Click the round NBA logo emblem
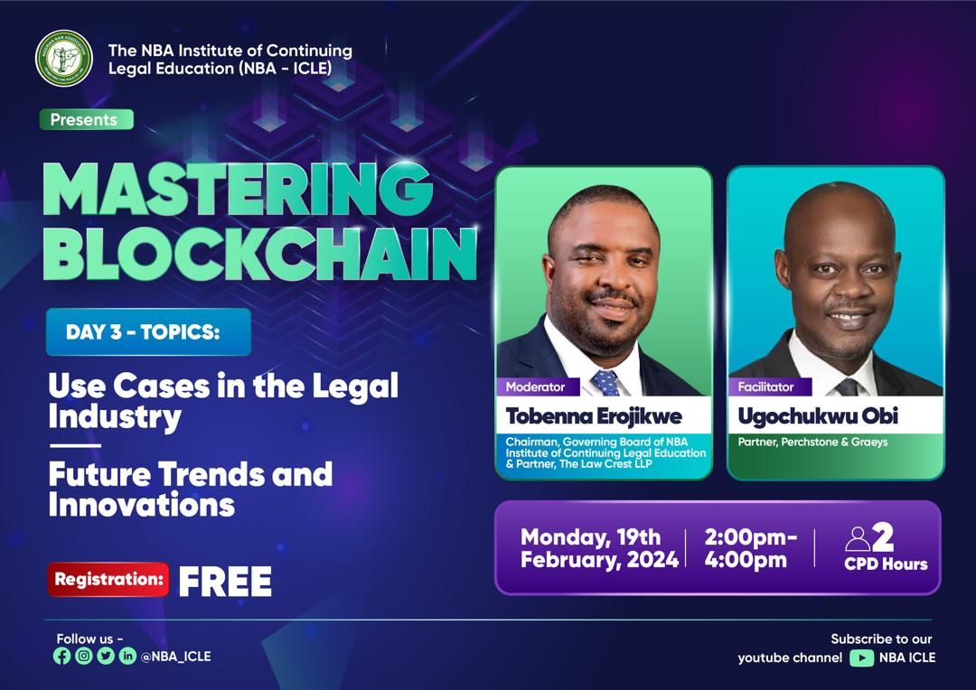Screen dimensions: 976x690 pyautogui.click(x=64, y=59)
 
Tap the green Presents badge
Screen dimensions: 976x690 pyautogui.click(x=87, y=119)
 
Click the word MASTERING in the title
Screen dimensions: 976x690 pyautogui.click(x=238, y=190)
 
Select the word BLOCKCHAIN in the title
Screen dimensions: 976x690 pyautogui.click(x=260, y=254)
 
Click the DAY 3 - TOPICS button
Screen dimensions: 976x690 pyautogui.click(x=149, y=331)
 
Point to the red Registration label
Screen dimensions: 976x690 pyautogui.click(x=108, y=579)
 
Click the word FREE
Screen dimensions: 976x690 pyautogui.click(x=225, y=582)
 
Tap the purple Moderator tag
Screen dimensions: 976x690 pyautogui.click(x=535, y=387)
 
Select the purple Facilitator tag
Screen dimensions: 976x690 pyautogui.click(x=765, y=387)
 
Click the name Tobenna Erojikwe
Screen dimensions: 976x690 pyautogui.click(x=594, y=416)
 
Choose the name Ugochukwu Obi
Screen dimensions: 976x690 pyautogui.click(x=818, y=416)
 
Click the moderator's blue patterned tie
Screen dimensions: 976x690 pyautogui.click(x=606, y=382)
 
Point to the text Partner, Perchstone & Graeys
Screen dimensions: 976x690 pyautogui.click(x=813, y=442)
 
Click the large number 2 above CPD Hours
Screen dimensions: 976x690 pyautogui.click(x=883, y=537)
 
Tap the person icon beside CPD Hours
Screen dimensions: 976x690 pyautogui.click(x=857, y=539)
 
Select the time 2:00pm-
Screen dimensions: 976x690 pyautogui.click(x=751, y=537)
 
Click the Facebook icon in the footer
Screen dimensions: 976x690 pyautogui.click(x=61, y=656)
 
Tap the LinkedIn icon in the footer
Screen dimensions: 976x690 pyautogui.click(x=127, y=656)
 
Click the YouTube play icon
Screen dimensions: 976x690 pyautogui.click(x=861, y=657)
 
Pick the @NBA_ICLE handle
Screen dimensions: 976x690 pyautogui.click(x=176, y=657)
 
